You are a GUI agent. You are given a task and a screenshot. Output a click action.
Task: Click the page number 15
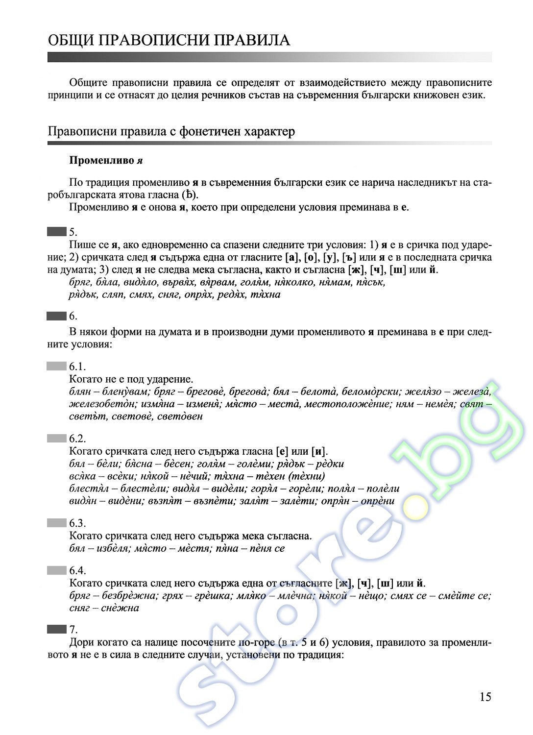[485, 697]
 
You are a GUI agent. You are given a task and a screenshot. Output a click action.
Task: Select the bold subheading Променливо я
[106, 160]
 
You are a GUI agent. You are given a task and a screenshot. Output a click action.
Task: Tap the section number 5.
[73, 232]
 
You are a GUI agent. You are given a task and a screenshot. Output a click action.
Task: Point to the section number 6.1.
[77, 367]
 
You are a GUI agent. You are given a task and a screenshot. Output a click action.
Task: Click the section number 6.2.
[77, 439]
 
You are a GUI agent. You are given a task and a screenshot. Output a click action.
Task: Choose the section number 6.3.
[77, 523]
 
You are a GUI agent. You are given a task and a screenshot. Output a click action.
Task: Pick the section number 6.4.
[77, 570]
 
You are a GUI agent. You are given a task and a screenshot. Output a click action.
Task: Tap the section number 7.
[73, 629]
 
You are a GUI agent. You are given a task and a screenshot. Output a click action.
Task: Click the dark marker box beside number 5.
[56, 231]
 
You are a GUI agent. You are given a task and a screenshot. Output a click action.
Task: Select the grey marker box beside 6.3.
[56, 523]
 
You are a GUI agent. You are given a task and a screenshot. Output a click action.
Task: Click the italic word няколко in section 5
[294, 282]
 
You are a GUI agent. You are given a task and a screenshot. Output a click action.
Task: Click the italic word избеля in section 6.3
[112, 548]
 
